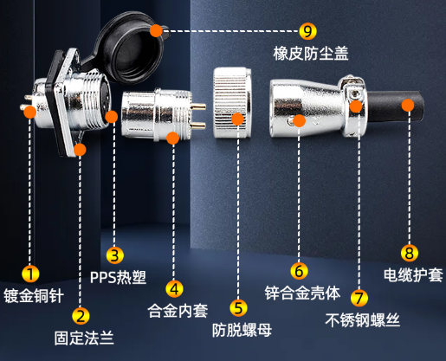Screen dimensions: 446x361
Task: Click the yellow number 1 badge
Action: pyautogui.click(x=30, y=274)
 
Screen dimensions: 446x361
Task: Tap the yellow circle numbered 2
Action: pyautogui.click(x=81, y=315)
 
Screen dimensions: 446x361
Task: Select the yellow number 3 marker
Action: pyautogui.click(x=114, y=255)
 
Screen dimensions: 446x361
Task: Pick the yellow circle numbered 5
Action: pyautogui.click(x=238, y=307)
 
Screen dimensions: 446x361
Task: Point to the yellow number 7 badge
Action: pyautogui.click(x=359, y=298)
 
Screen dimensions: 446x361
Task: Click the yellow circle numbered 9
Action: pyautogui.click(x=307, y=31)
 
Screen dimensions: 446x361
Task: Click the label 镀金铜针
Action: pyautogui.click(x=34, y=296)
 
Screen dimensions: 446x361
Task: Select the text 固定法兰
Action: pyautogui.click(x=84, y=338)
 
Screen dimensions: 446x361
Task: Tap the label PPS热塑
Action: pyautogui.click(x=118, y=277)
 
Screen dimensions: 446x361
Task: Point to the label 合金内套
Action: pyautogui.click(x=178, y=311)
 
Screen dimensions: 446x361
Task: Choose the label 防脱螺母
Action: pyautogui.click(x=242, y=330)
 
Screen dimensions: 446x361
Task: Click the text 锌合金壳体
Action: pyautogui.click(x=302, y=293)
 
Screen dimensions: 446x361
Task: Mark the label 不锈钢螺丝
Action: pyautogui.click(x=362, y=320)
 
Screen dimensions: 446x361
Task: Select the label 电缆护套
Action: pyautogui.click(x=413, y=274)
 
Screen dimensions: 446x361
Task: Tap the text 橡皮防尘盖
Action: pyautogui.click(x=311, y=54)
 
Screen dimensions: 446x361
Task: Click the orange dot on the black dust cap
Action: pyautogui.click(x=156, y=30)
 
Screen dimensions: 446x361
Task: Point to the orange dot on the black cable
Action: pyautogui.click(x=408, y=105)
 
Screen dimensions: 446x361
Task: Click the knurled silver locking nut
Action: pyautogui.click(x=232, y=102)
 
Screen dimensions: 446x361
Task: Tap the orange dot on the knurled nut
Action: pyautogui.click(x=237, y=119)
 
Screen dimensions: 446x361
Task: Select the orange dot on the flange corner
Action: pyautogui.click(x=80, y=150)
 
